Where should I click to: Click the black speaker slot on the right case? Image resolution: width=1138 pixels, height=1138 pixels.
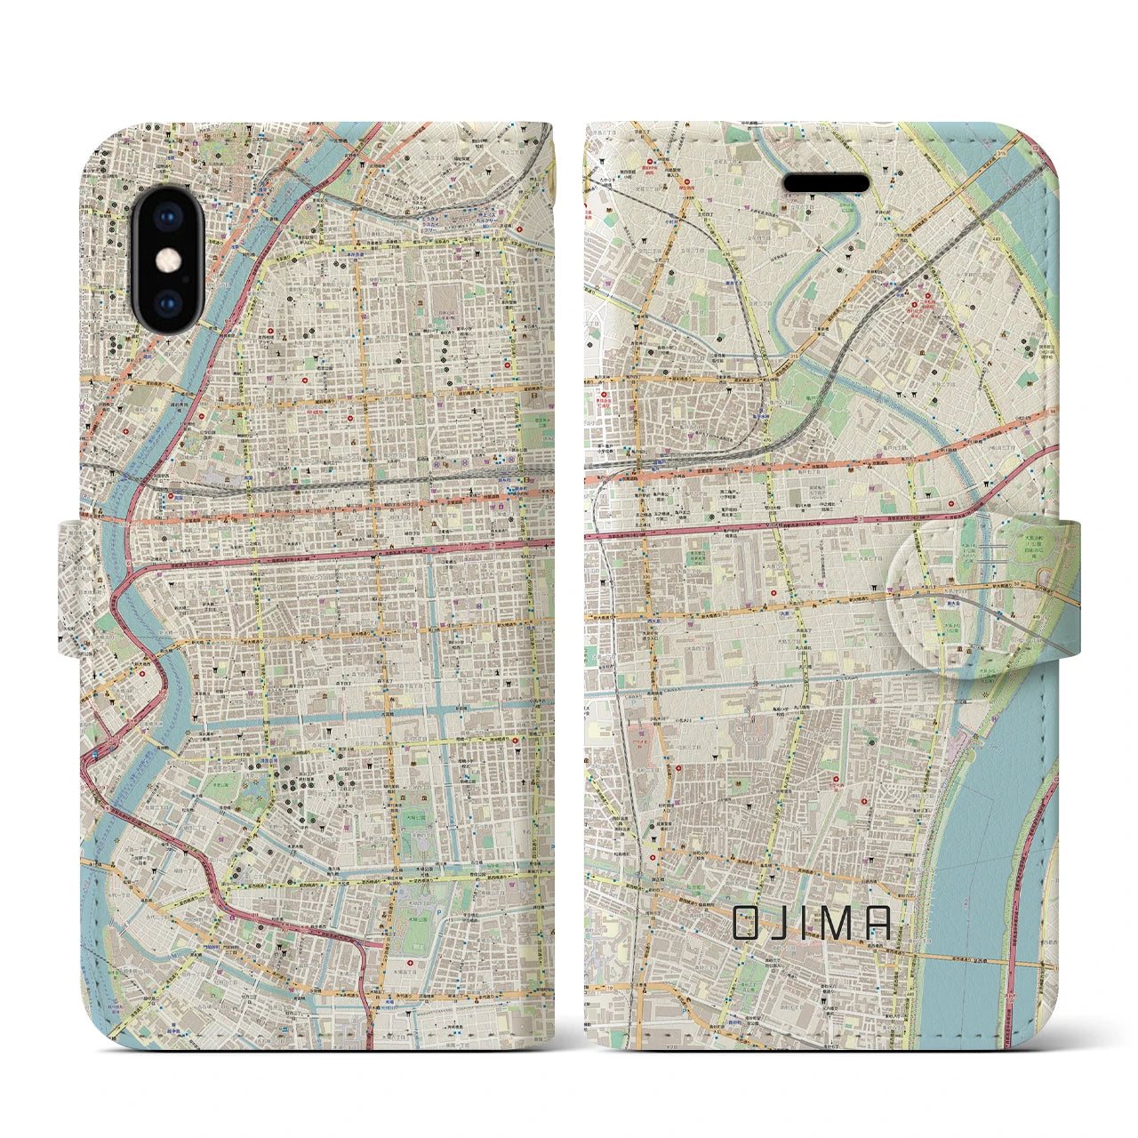[x=826, y=182]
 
